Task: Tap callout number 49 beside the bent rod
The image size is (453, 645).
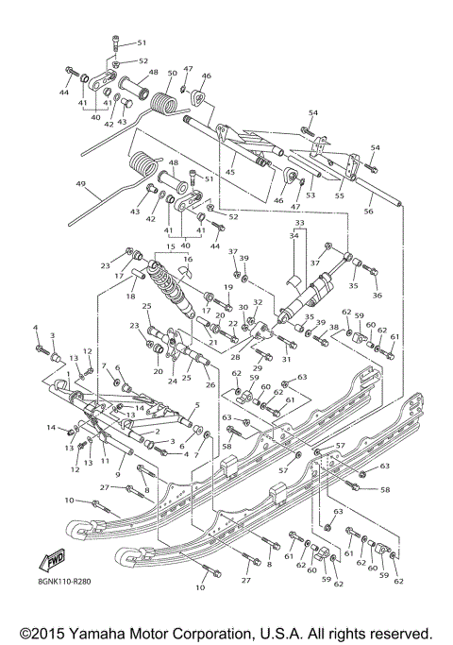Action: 80,184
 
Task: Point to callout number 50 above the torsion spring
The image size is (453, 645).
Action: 172,73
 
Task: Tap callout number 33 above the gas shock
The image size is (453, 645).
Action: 300,224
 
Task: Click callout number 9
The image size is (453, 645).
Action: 119,474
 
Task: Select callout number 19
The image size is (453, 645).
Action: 228,286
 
